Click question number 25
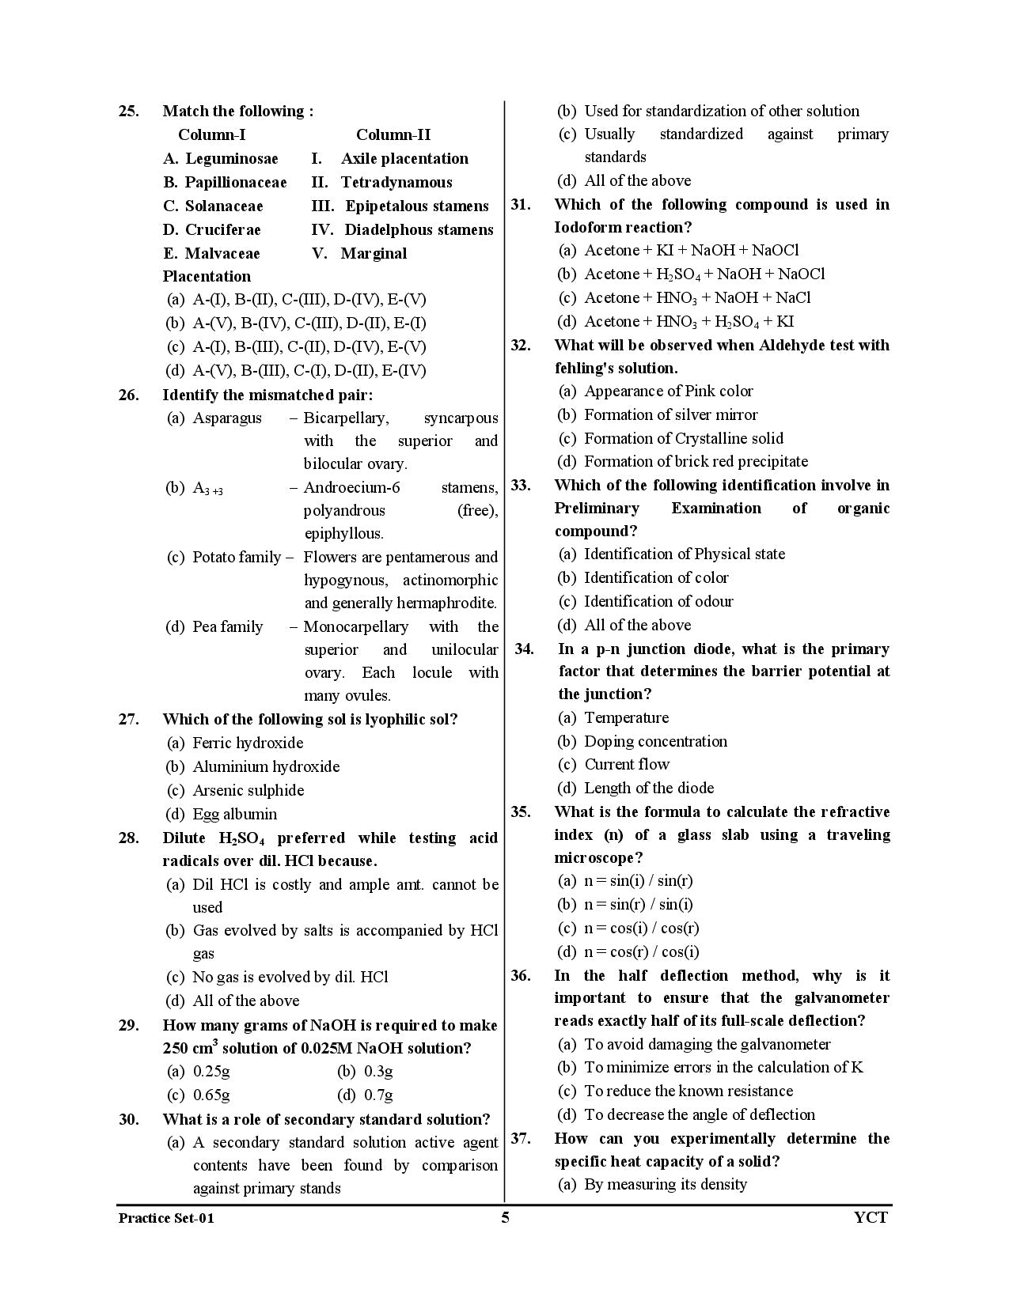(128, 111)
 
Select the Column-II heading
(393, 134)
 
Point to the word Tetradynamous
(396, 182)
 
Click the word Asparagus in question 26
(227, 418)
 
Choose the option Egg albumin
(235, 814)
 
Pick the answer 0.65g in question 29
(211, 1095)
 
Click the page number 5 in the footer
(505, 1217)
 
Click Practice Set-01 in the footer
(166, 1218)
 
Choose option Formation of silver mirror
(670, 414)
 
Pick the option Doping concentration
(655, 741)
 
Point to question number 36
(521, 975)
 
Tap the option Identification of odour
(658, 601)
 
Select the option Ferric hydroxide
(248, 743)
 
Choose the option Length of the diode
(649, 788)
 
